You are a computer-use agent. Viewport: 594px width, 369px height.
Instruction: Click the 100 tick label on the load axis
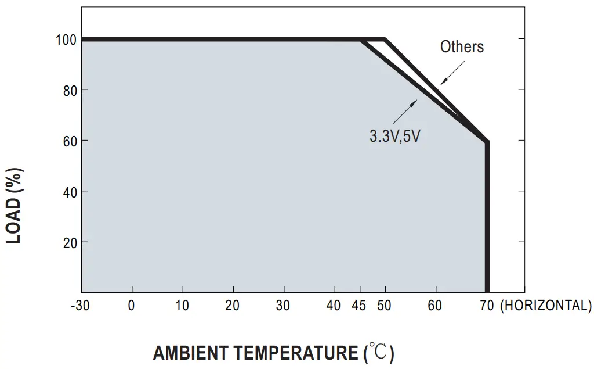66,40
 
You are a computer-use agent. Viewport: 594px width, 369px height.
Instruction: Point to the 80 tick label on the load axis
69,91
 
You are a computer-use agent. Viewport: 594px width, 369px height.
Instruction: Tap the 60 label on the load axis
69,141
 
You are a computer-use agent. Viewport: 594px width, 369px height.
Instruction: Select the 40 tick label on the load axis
69,192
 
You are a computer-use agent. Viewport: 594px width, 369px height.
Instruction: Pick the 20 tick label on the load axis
69,242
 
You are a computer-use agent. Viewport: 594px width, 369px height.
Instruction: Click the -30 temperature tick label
80,306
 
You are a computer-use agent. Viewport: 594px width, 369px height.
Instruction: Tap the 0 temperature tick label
132,306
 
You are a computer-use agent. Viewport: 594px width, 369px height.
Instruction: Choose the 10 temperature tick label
182,306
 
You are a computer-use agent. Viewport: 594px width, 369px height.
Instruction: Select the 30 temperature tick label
283,306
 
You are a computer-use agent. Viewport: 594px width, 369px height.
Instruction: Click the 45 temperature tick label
359,306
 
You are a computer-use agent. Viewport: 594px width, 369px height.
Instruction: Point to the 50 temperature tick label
384,306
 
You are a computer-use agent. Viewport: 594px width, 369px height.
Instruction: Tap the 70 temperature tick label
486,306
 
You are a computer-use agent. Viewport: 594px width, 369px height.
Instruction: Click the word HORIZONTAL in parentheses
545,306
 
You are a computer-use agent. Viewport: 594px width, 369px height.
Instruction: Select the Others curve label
462,47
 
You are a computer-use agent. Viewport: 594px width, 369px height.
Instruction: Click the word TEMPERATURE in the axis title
296,353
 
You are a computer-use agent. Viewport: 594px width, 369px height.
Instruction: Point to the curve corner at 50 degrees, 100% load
385,40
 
